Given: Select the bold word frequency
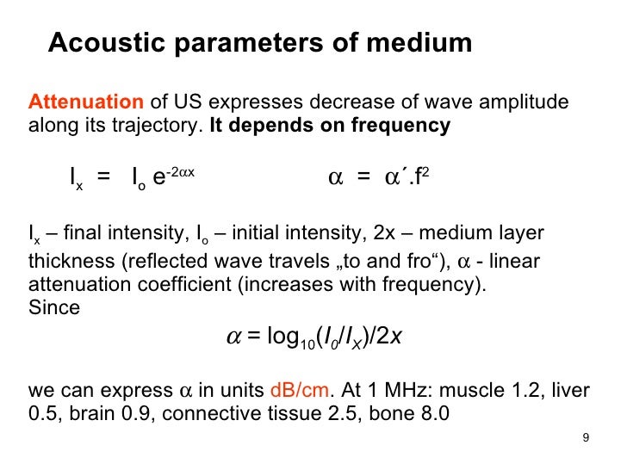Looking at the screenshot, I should tap(400, 126).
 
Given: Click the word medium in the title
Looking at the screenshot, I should tap(424, 43).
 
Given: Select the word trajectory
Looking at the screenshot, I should tap(159, 126).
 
